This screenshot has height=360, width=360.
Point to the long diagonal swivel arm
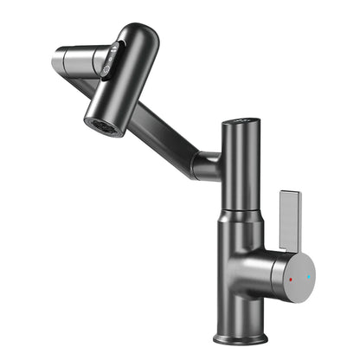[x=151, y=125]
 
